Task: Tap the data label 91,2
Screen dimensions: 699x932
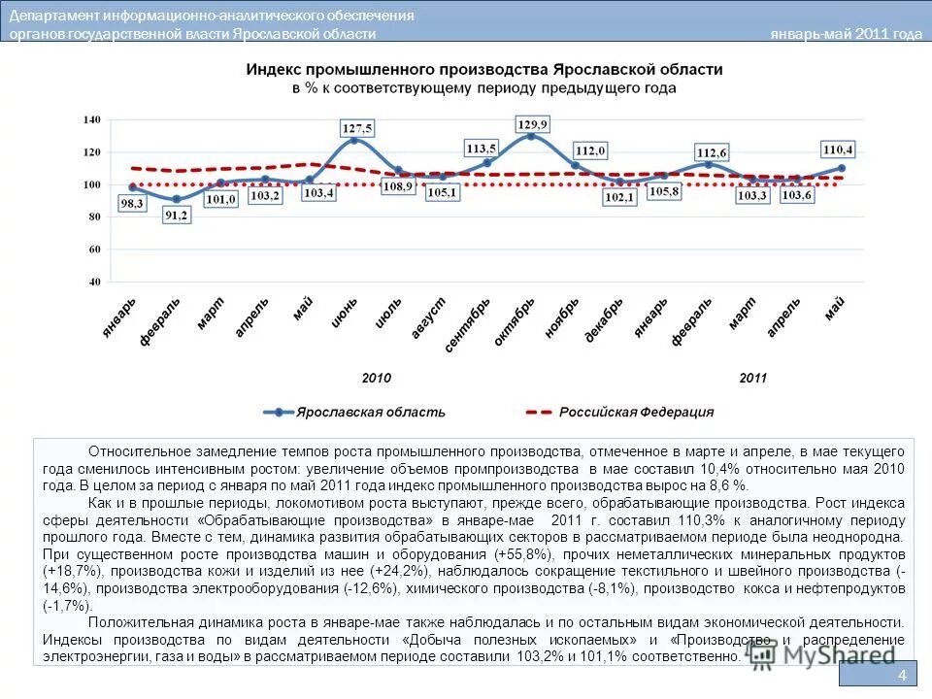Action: (x=177, y=216)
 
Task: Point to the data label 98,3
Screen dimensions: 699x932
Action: (x=132, y=204)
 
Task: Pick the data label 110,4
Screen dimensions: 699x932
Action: (x=837, y=150)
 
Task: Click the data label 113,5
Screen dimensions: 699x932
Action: (x=481, y=149)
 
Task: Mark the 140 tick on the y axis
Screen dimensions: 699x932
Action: (x=92, y=119)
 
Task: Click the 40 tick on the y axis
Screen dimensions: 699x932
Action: (x=94, y=282)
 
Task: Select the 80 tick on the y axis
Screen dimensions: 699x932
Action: (x=94, y=216)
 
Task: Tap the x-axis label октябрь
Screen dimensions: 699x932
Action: (x=516, y=321)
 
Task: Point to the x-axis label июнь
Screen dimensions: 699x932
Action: (x=345, y=314)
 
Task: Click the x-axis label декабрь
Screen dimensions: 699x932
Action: (x=604, y=319)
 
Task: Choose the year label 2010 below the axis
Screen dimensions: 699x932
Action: (x=376, y=378)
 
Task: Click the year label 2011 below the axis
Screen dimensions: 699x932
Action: (x=752, y=378)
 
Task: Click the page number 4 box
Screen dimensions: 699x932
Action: (x=902, y=676)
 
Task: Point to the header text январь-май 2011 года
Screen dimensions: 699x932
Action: (x=846, y=34)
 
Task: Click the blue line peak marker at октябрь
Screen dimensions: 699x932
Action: (x=530, y=136)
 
